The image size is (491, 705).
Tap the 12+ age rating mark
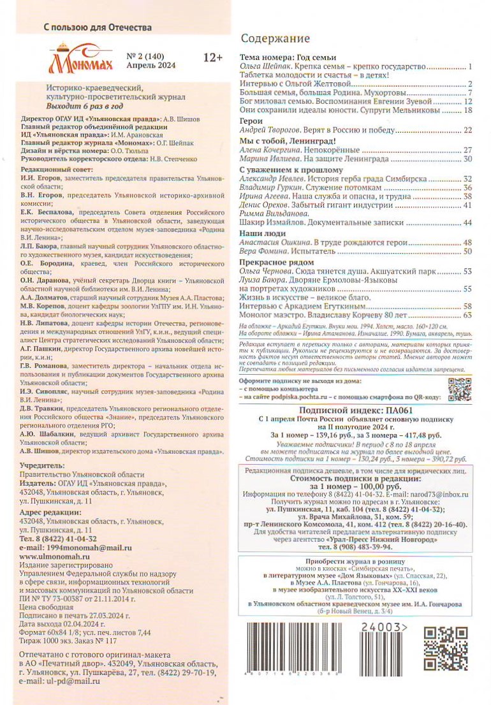click(x=212, y=58)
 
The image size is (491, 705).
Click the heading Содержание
click(x=275, y=38)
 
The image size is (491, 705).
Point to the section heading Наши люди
click(x=258, y=234)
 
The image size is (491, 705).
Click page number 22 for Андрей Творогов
click(x=467, y=130)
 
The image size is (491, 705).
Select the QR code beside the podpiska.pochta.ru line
click(x=458, y=389)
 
